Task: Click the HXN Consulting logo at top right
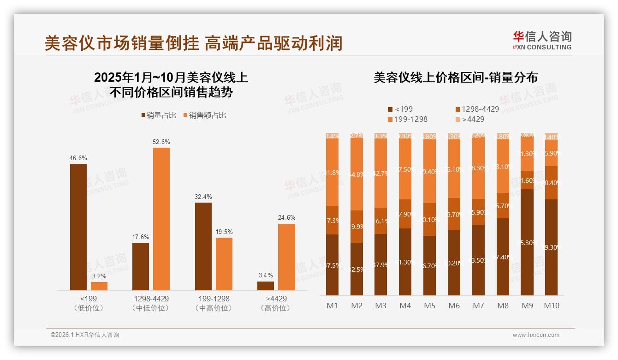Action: (542, 41)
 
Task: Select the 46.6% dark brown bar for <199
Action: (78, 227)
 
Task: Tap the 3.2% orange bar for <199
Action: (99, 286)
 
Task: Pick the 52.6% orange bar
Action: (161, 219)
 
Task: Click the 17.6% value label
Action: (141, 237)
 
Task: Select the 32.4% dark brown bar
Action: (203, 246)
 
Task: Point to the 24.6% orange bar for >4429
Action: (286, 257)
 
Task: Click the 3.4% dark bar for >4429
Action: (266, 286)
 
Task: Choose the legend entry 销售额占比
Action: (205, 115)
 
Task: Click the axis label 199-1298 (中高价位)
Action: (214, 303)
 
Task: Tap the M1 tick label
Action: (332, 306)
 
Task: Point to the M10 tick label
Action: (551, 306)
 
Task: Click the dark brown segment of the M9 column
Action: (527, 242)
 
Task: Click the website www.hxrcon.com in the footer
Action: (535, 335)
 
